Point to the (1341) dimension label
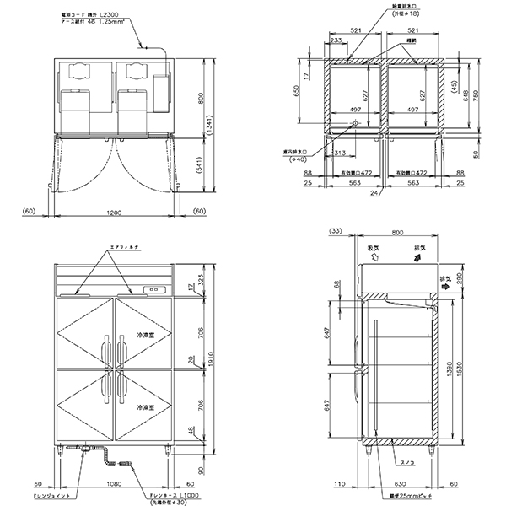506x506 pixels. point(208,127)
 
